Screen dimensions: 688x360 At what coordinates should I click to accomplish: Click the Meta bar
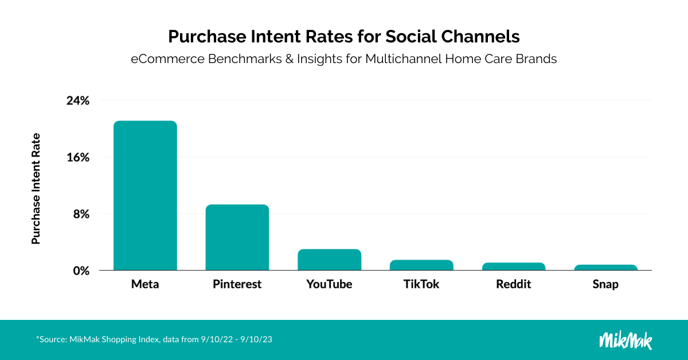coord(145,195)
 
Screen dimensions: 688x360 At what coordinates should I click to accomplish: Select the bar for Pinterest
coord(237,237)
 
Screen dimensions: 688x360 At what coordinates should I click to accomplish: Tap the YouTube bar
coord(329,260)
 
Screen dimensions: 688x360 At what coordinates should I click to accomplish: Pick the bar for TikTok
coord(421,265)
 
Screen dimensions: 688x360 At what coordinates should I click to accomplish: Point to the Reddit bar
coord(514,267)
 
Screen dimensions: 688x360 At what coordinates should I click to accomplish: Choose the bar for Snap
coord(605,268)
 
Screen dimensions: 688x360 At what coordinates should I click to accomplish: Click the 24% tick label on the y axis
coord(78,101)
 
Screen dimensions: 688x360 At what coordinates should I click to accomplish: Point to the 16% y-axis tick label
coord(78,158)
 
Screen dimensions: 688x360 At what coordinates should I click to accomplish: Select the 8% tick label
coord(81,214)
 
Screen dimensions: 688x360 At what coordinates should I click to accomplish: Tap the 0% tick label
coord(81,271)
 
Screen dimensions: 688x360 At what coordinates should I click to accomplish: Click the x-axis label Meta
coord(145,284)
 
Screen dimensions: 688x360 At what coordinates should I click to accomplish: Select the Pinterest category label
coord(237,284)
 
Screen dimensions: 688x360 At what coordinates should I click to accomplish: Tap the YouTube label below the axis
coord(329,284)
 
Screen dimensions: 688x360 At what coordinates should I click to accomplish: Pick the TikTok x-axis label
coord(421,284)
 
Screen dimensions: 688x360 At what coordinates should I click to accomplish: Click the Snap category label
coord(605,284)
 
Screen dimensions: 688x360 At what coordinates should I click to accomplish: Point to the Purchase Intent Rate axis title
coord(36,189)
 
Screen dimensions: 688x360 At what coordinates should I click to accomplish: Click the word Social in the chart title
coord(411,37)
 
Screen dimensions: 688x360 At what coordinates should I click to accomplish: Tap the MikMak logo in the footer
coord(626,341)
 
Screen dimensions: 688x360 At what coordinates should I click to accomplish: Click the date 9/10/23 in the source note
coord(256,339)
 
